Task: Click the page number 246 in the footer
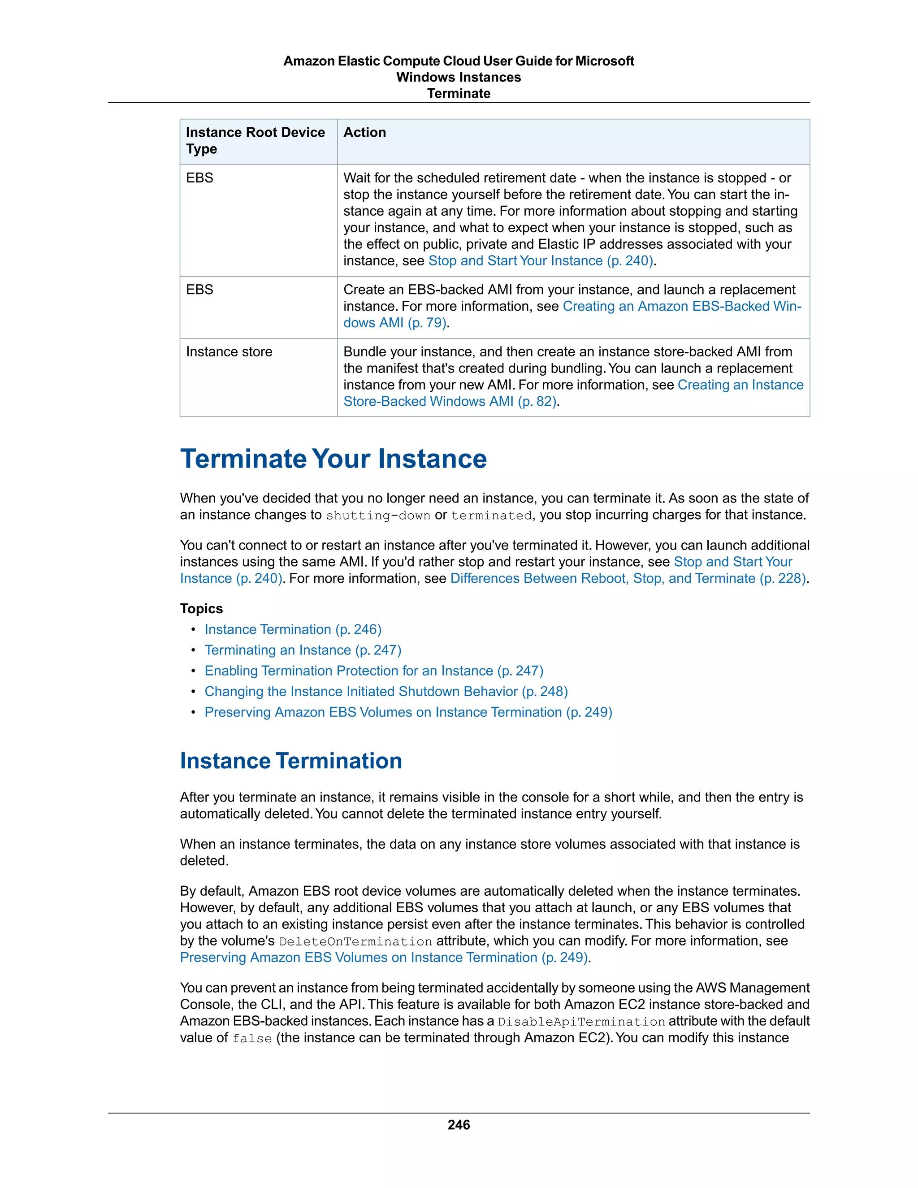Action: coord(459,1125)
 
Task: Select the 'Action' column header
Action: coord(364,132)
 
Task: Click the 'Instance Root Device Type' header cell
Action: coord(255,140)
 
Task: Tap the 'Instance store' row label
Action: coord(229,352)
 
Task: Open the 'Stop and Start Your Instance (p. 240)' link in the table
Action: coord(541,261)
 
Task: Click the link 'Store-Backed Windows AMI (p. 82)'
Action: coord(450,401)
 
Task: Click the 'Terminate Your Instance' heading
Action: coord(333,459)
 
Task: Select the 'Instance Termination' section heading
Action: coord(291,760)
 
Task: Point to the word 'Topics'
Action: coord(201,609)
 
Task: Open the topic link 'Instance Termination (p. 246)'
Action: coord(293,629)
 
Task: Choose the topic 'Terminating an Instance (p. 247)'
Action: coord(303,650)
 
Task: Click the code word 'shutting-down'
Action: coord(378,516)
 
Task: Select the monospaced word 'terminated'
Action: coord(491,516)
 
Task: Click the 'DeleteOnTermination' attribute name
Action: coord(355,941)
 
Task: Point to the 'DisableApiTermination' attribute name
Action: coord(581,1022)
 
